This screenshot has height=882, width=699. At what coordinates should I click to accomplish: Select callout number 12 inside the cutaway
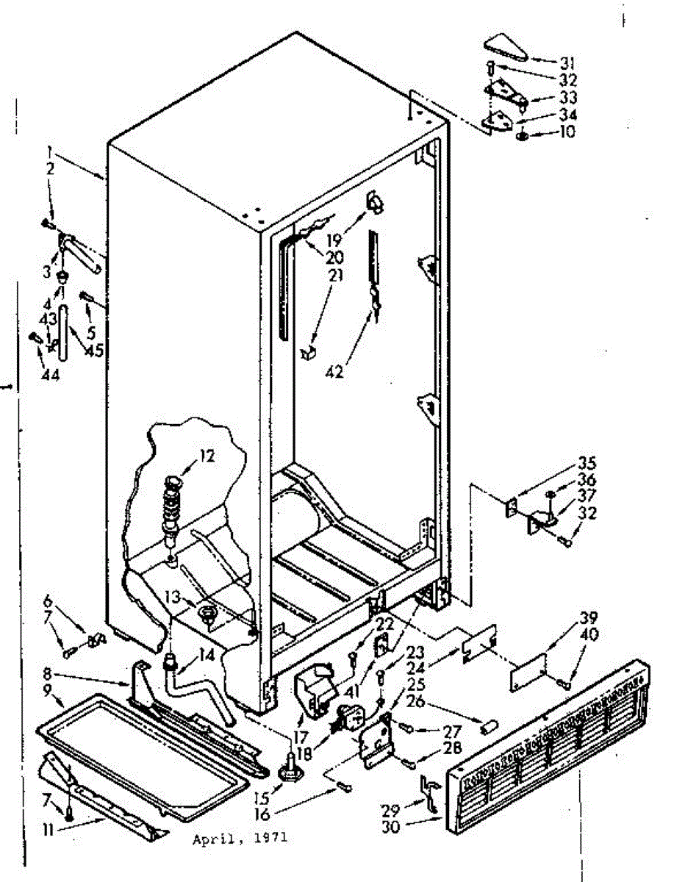[x=207, y=456]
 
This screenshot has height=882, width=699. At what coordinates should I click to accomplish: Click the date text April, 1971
[x=240, y=839]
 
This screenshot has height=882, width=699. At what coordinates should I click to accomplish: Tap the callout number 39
[x=588, y=617]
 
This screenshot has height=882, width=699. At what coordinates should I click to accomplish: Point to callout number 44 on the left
[x=49, y=376]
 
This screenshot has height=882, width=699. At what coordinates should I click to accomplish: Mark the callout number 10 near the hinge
[x=567, y=132]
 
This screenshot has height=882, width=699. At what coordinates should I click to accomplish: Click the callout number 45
[x=94, y=350]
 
